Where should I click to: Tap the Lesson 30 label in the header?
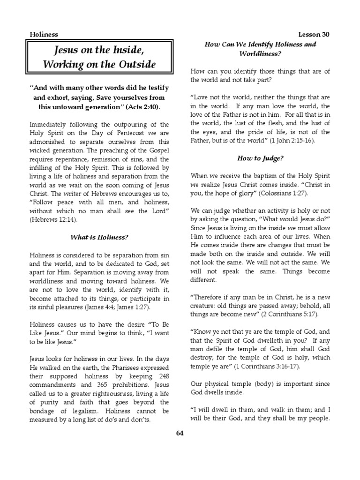(x=314, y=35)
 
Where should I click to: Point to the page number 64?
(x=180, y=433)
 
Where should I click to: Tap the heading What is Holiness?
(x=99, y=238)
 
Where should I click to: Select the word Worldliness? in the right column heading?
(x=261, y=54)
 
